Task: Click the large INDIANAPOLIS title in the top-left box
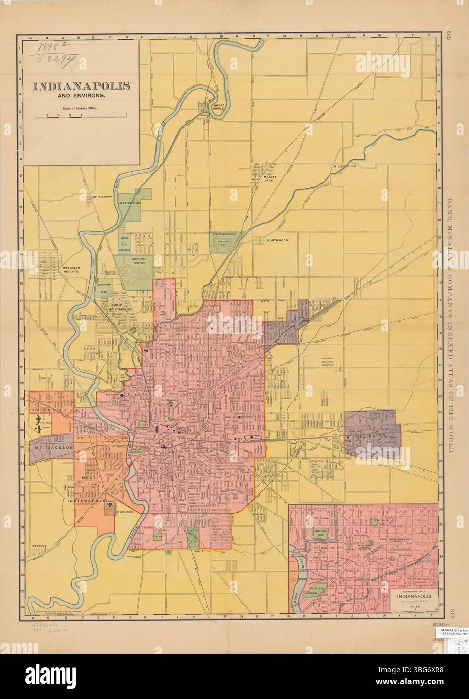81,85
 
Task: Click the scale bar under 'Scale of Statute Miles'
81,116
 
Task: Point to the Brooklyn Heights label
74,269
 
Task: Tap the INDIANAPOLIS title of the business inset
414,597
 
